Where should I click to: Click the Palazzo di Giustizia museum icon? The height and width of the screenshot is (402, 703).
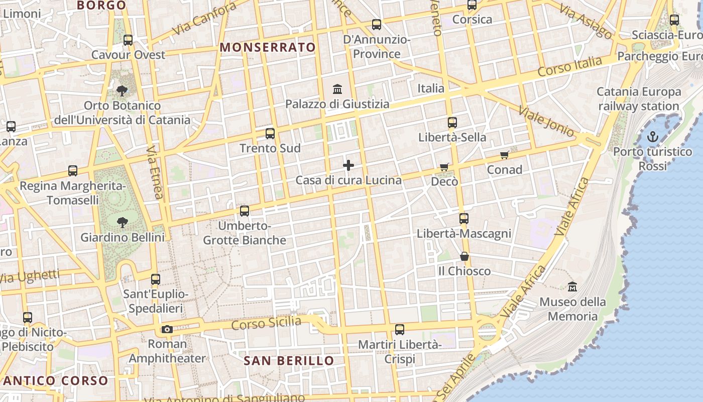[x=338, y=89]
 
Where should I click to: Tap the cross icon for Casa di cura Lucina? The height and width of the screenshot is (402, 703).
[x=348, y=165]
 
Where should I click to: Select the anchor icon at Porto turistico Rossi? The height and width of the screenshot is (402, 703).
[x=652, y=136]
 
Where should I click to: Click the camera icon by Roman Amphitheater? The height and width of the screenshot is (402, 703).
[x=167, y=330]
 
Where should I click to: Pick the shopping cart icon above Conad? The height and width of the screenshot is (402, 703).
[x=505, y=155]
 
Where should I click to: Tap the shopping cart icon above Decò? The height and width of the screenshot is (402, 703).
[x=444, y=167]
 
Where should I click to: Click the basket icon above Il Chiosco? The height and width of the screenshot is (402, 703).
[x=464, y=257]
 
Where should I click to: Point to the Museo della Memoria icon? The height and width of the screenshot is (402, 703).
[x=572, y=287]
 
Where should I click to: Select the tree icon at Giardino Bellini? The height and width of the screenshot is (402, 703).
[x=122, y=222]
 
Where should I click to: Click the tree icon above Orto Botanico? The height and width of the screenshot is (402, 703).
[x=122, y=91]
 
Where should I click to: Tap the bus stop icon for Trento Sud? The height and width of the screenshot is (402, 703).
[x=270, y=133]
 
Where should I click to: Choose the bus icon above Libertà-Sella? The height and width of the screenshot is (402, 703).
[x=452, y=122]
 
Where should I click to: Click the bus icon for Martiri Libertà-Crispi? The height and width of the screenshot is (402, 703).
[x=400, y=330]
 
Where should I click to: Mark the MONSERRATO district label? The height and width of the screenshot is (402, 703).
[x=268, y=47]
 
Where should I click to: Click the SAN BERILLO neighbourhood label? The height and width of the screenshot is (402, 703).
[x=289, y=361]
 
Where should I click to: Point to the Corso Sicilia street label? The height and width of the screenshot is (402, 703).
[x=266, y=324]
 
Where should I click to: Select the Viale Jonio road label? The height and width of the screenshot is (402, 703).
[x=546, y=121]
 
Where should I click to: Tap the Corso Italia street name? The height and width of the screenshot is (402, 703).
[x=569, y=67]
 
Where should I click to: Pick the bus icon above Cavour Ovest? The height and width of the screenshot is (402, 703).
[x=128, y=40]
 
